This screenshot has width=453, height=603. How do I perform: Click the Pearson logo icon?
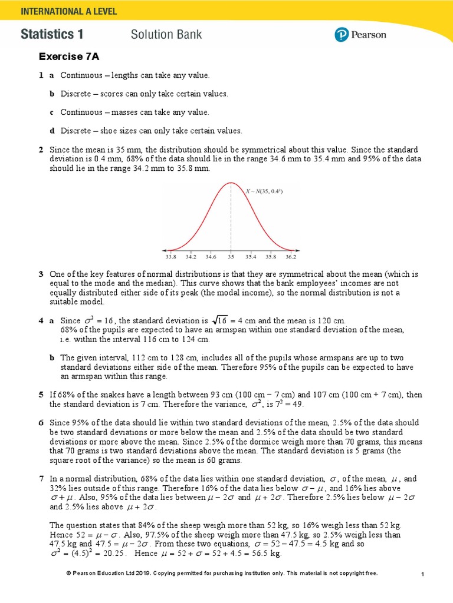(342, 35)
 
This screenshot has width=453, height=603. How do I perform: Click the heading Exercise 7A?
(69, 57)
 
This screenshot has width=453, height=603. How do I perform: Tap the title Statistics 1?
(52, 34)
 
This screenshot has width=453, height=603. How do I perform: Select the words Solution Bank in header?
(166, 34)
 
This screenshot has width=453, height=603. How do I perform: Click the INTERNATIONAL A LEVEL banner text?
(69, 11)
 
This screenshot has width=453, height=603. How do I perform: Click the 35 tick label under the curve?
(231, 257)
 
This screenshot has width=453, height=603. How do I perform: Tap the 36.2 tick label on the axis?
(290, 257)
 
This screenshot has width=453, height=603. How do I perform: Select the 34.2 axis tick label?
(191, 257)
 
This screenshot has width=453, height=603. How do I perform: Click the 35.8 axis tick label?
(270, 257)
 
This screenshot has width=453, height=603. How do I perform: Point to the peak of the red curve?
(231, 183)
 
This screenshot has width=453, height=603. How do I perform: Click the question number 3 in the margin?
(41, 274)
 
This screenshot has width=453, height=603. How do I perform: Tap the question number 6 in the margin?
(41, 423)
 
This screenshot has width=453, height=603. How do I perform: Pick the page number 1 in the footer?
(424, 574)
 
